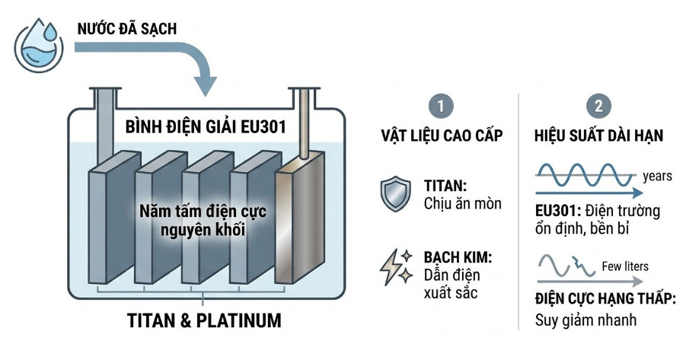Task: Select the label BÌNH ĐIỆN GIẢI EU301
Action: pyautogui.click(x=206, y=126)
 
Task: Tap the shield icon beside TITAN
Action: pyautogui.click(x=394, y=194)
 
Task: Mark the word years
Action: pyautogui.click(x=657, y=176)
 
